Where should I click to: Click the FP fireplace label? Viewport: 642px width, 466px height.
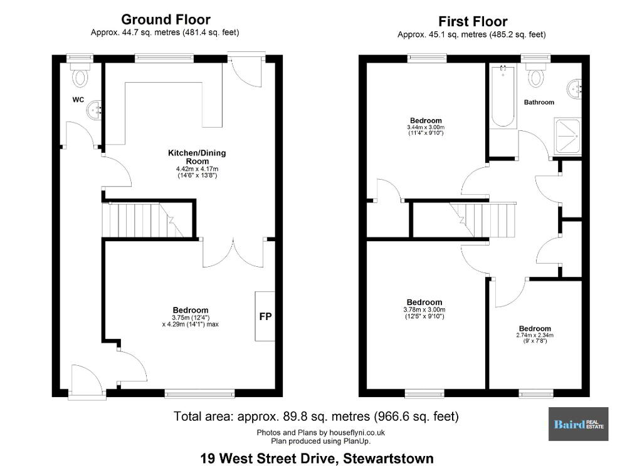[x=265, y=317]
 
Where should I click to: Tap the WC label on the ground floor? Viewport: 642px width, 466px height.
[x=78, y=100]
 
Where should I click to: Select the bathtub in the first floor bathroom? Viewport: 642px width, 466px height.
[x=503, y=96]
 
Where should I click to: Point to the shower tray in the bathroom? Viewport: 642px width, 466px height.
[x=567, y=135]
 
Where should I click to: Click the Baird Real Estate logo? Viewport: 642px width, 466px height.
[x=578, y=424]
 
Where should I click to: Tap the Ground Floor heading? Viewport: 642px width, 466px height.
[x=166, y=19]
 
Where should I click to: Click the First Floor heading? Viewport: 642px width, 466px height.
[x=473, y=21]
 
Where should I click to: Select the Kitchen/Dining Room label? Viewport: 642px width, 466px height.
[x=197, y=157]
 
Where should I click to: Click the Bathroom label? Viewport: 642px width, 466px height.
[x=539, y=102]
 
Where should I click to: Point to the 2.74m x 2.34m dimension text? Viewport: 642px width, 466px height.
[x=535, y=335]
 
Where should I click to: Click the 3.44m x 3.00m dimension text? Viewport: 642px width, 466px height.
[x=426, y=127]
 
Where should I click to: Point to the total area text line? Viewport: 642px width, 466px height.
[x=316, y=417]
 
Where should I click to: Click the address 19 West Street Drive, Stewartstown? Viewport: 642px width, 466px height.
[x=317, y=458]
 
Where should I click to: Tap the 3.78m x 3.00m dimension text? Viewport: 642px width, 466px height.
[x=424, y=309]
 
